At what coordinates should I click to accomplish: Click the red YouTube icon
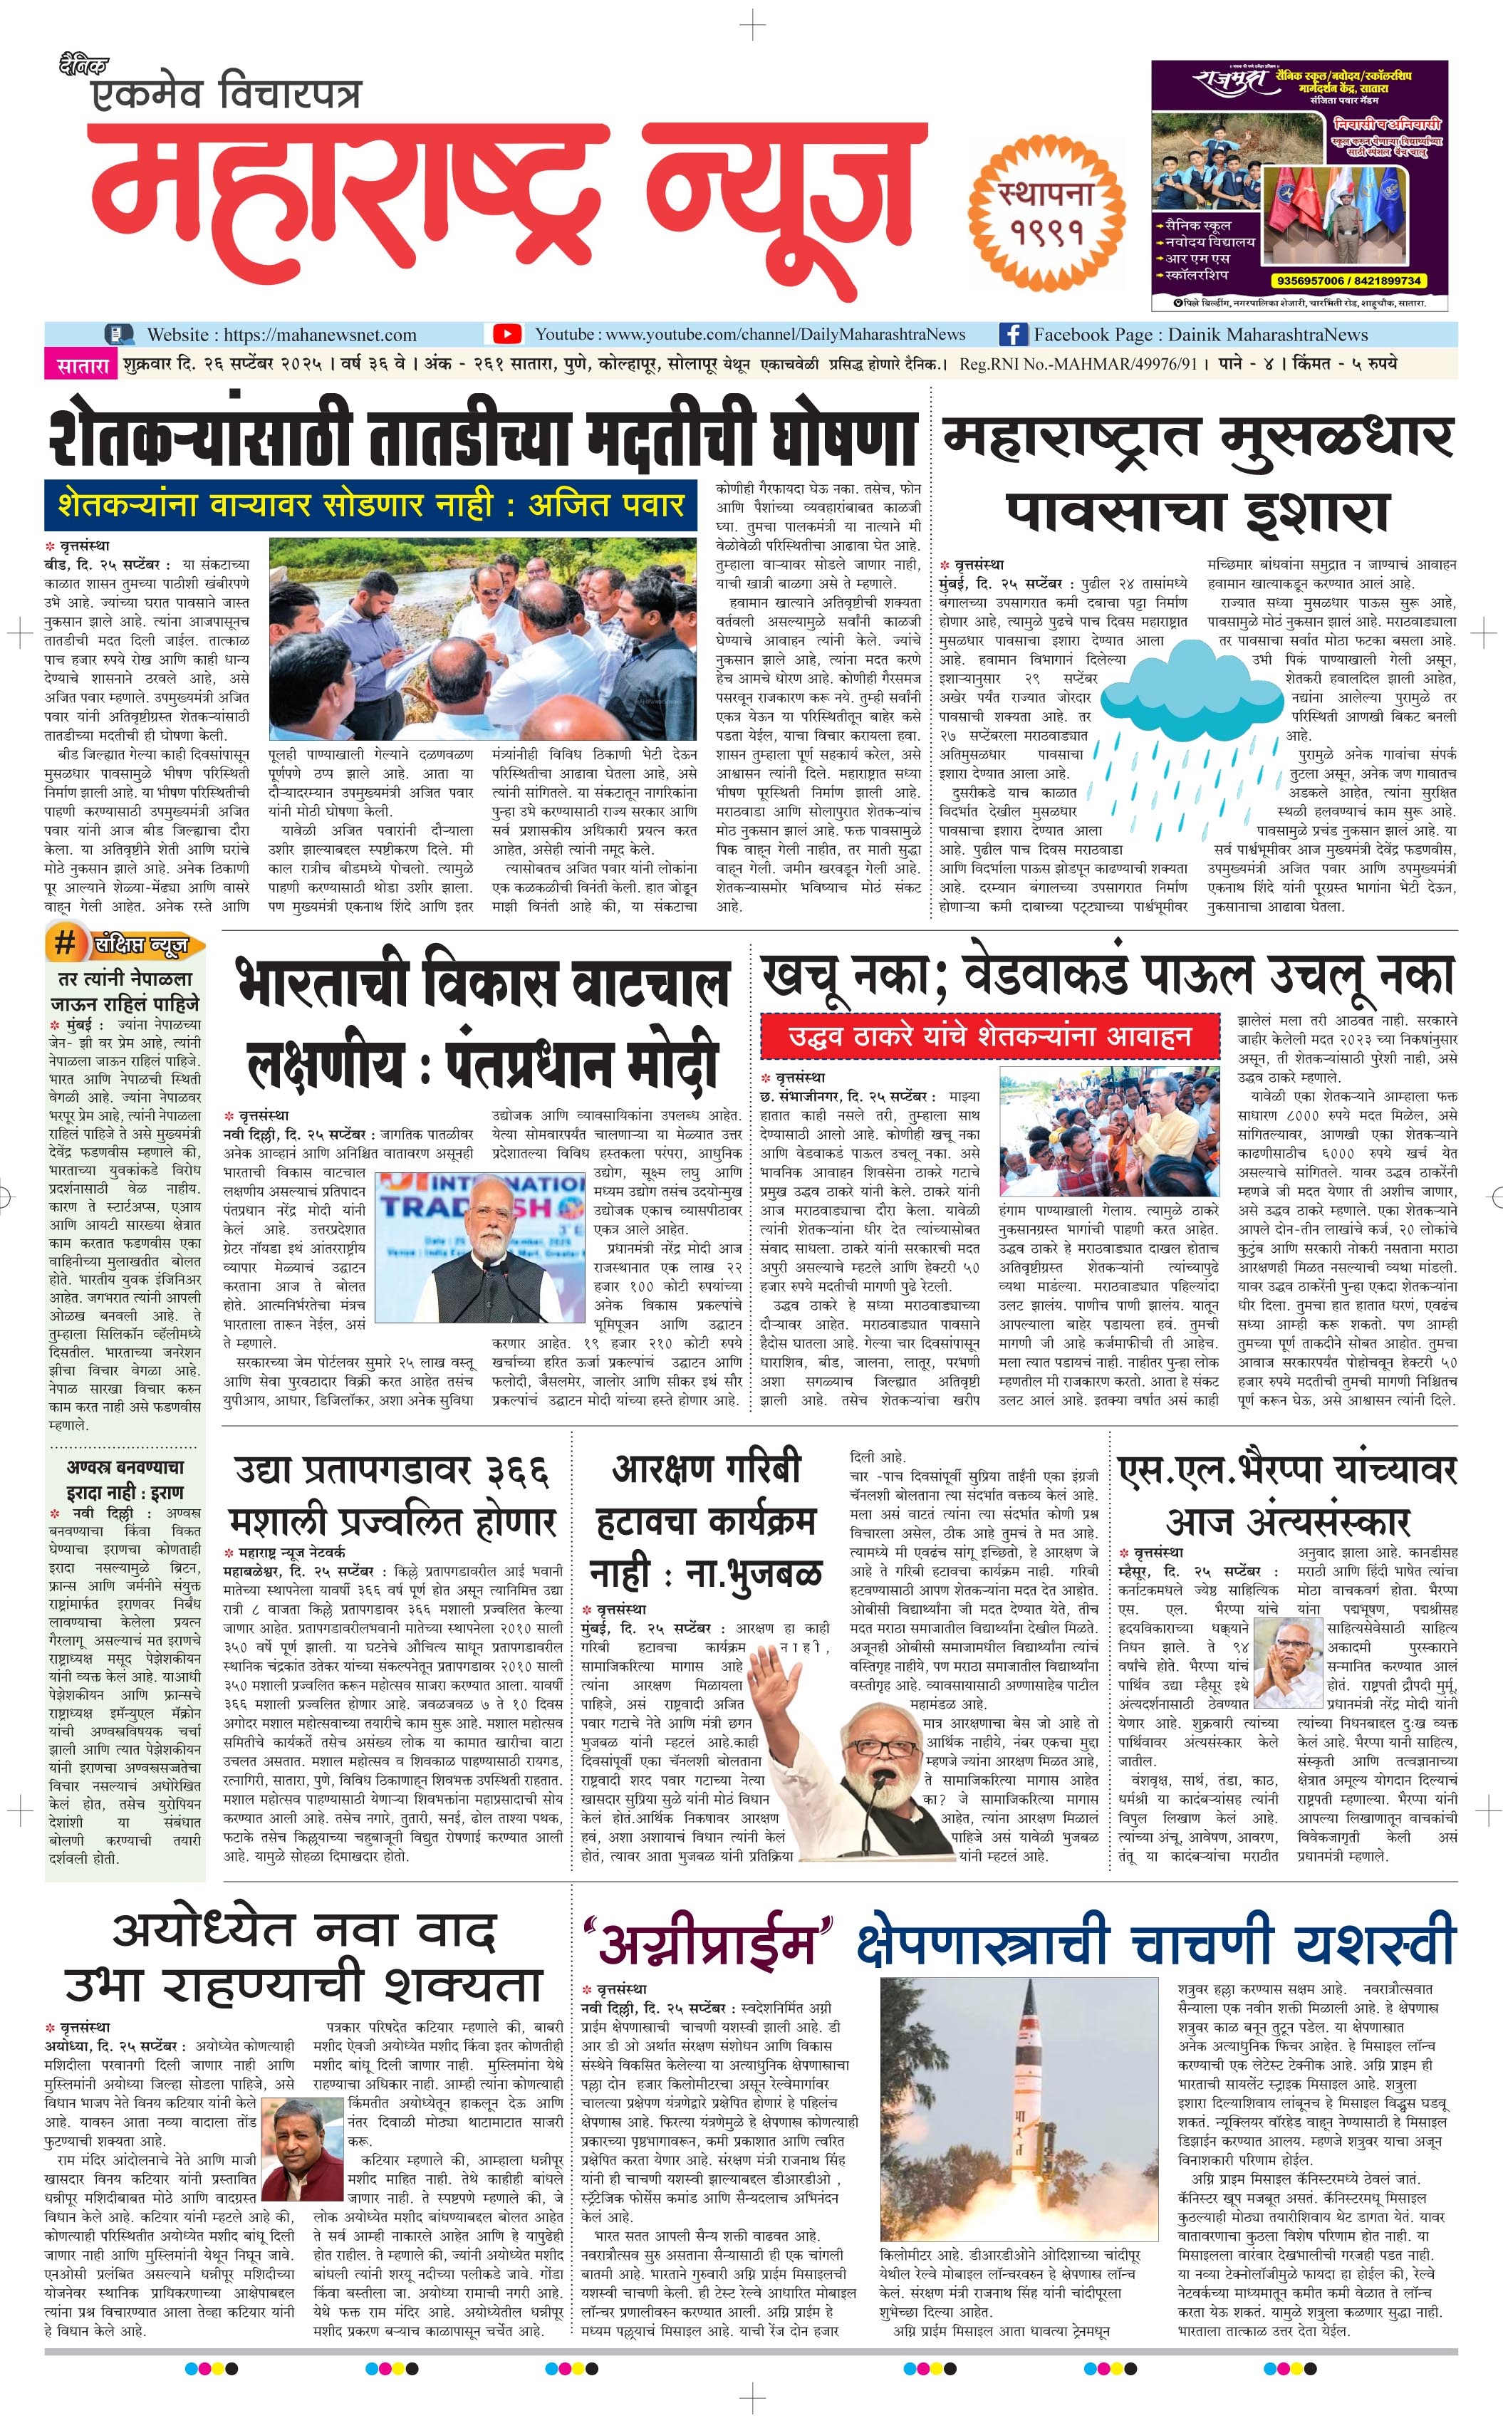pos(507,334)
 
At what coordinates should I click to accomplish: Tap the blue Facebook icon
pos(1013,334)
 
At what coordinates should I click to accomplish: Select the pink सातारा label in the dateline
pos(81,365)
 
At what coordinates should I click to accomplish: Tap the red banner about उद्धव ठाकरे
pos(990,1036)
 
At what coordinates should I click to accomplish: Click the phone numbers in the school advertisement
pos(1347,281)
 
